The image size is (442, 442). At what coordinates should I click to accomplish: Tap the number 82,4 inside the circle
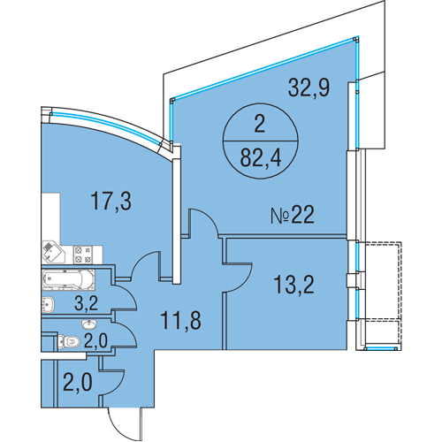click(x=261, y=157)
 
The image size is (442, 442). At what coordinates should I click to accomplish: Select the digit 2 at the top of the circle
click(x=260, y=125)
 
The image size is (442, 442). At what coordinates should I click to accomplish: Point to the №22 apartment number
click(x=293, y=215)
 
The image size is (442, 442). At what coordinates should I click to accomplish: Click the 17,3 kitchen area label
click(x=110, y=201)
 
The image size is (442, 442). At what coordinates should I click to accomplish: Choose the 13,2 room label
click(x=293, y=285)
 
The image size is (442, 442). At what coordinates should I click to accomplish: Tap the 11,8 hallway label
click(x=180, y=320)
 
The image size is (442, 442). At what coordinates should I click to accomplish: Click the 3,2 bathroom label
click(x=86, y=303)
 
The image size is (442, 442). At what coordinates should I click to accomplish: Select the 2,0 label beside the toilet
click(x=95, y=341)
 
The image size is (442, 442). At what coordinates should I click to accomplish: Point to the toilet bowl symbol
click(x=69, y=341)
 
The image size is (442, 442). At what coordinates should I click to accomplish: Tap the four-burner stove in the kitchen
click(x=83, y=255)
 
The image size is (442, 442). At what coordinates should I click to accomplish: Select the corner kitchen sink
click(x=54, y=252)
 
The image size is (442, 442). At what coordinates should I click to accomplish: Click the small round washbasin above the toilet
click(x=88, y=324)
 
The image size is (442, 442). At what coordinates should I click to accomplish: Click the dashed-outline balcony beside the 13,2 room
click(x=383, y=295)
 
